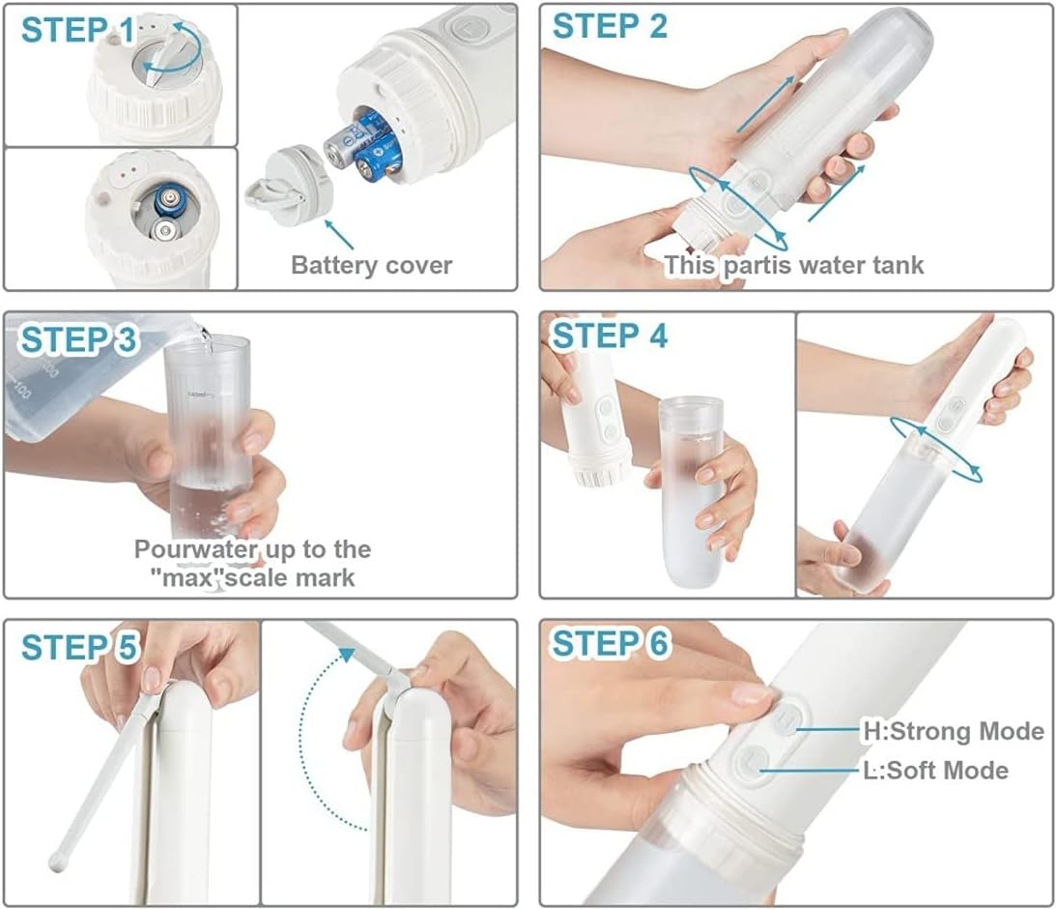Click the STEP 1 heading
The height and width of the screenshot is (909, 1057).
[x=78, y=30]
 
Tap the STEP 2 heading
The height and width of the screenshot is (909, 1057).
[x=610, y=26]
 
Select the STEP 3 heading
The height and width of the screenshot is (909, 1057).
[x=78, y=339]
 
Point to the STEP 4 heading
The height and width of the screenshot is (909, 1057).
[x=610, y=336]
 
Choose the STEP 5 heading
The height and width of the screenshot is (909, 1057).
[x=79, y=647]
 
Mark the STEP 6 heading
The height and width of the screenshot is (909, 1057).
[x=610, y=643]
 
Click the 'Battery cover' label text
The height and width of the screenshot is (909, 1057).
[x=371, y=265]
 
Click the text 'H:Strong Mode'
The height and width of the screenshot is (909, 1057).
[x=954, y=731]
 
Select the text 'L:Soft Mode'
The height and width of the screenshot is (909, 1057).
[x=935, y=770]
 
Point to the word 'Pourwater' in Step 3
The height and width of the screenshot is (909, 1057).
[x=195, y=549]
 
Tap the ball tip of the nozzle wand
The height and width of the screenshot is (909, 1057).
[x=58, y=862]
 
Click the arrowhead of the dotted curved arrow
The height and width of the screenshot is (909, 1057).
[x=347, y=654]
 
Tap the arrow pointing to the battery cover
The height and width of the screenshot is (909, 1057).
[x=339, y=233]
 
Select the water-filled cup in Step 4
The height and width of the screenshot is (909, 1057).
[x=691, y=491]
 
